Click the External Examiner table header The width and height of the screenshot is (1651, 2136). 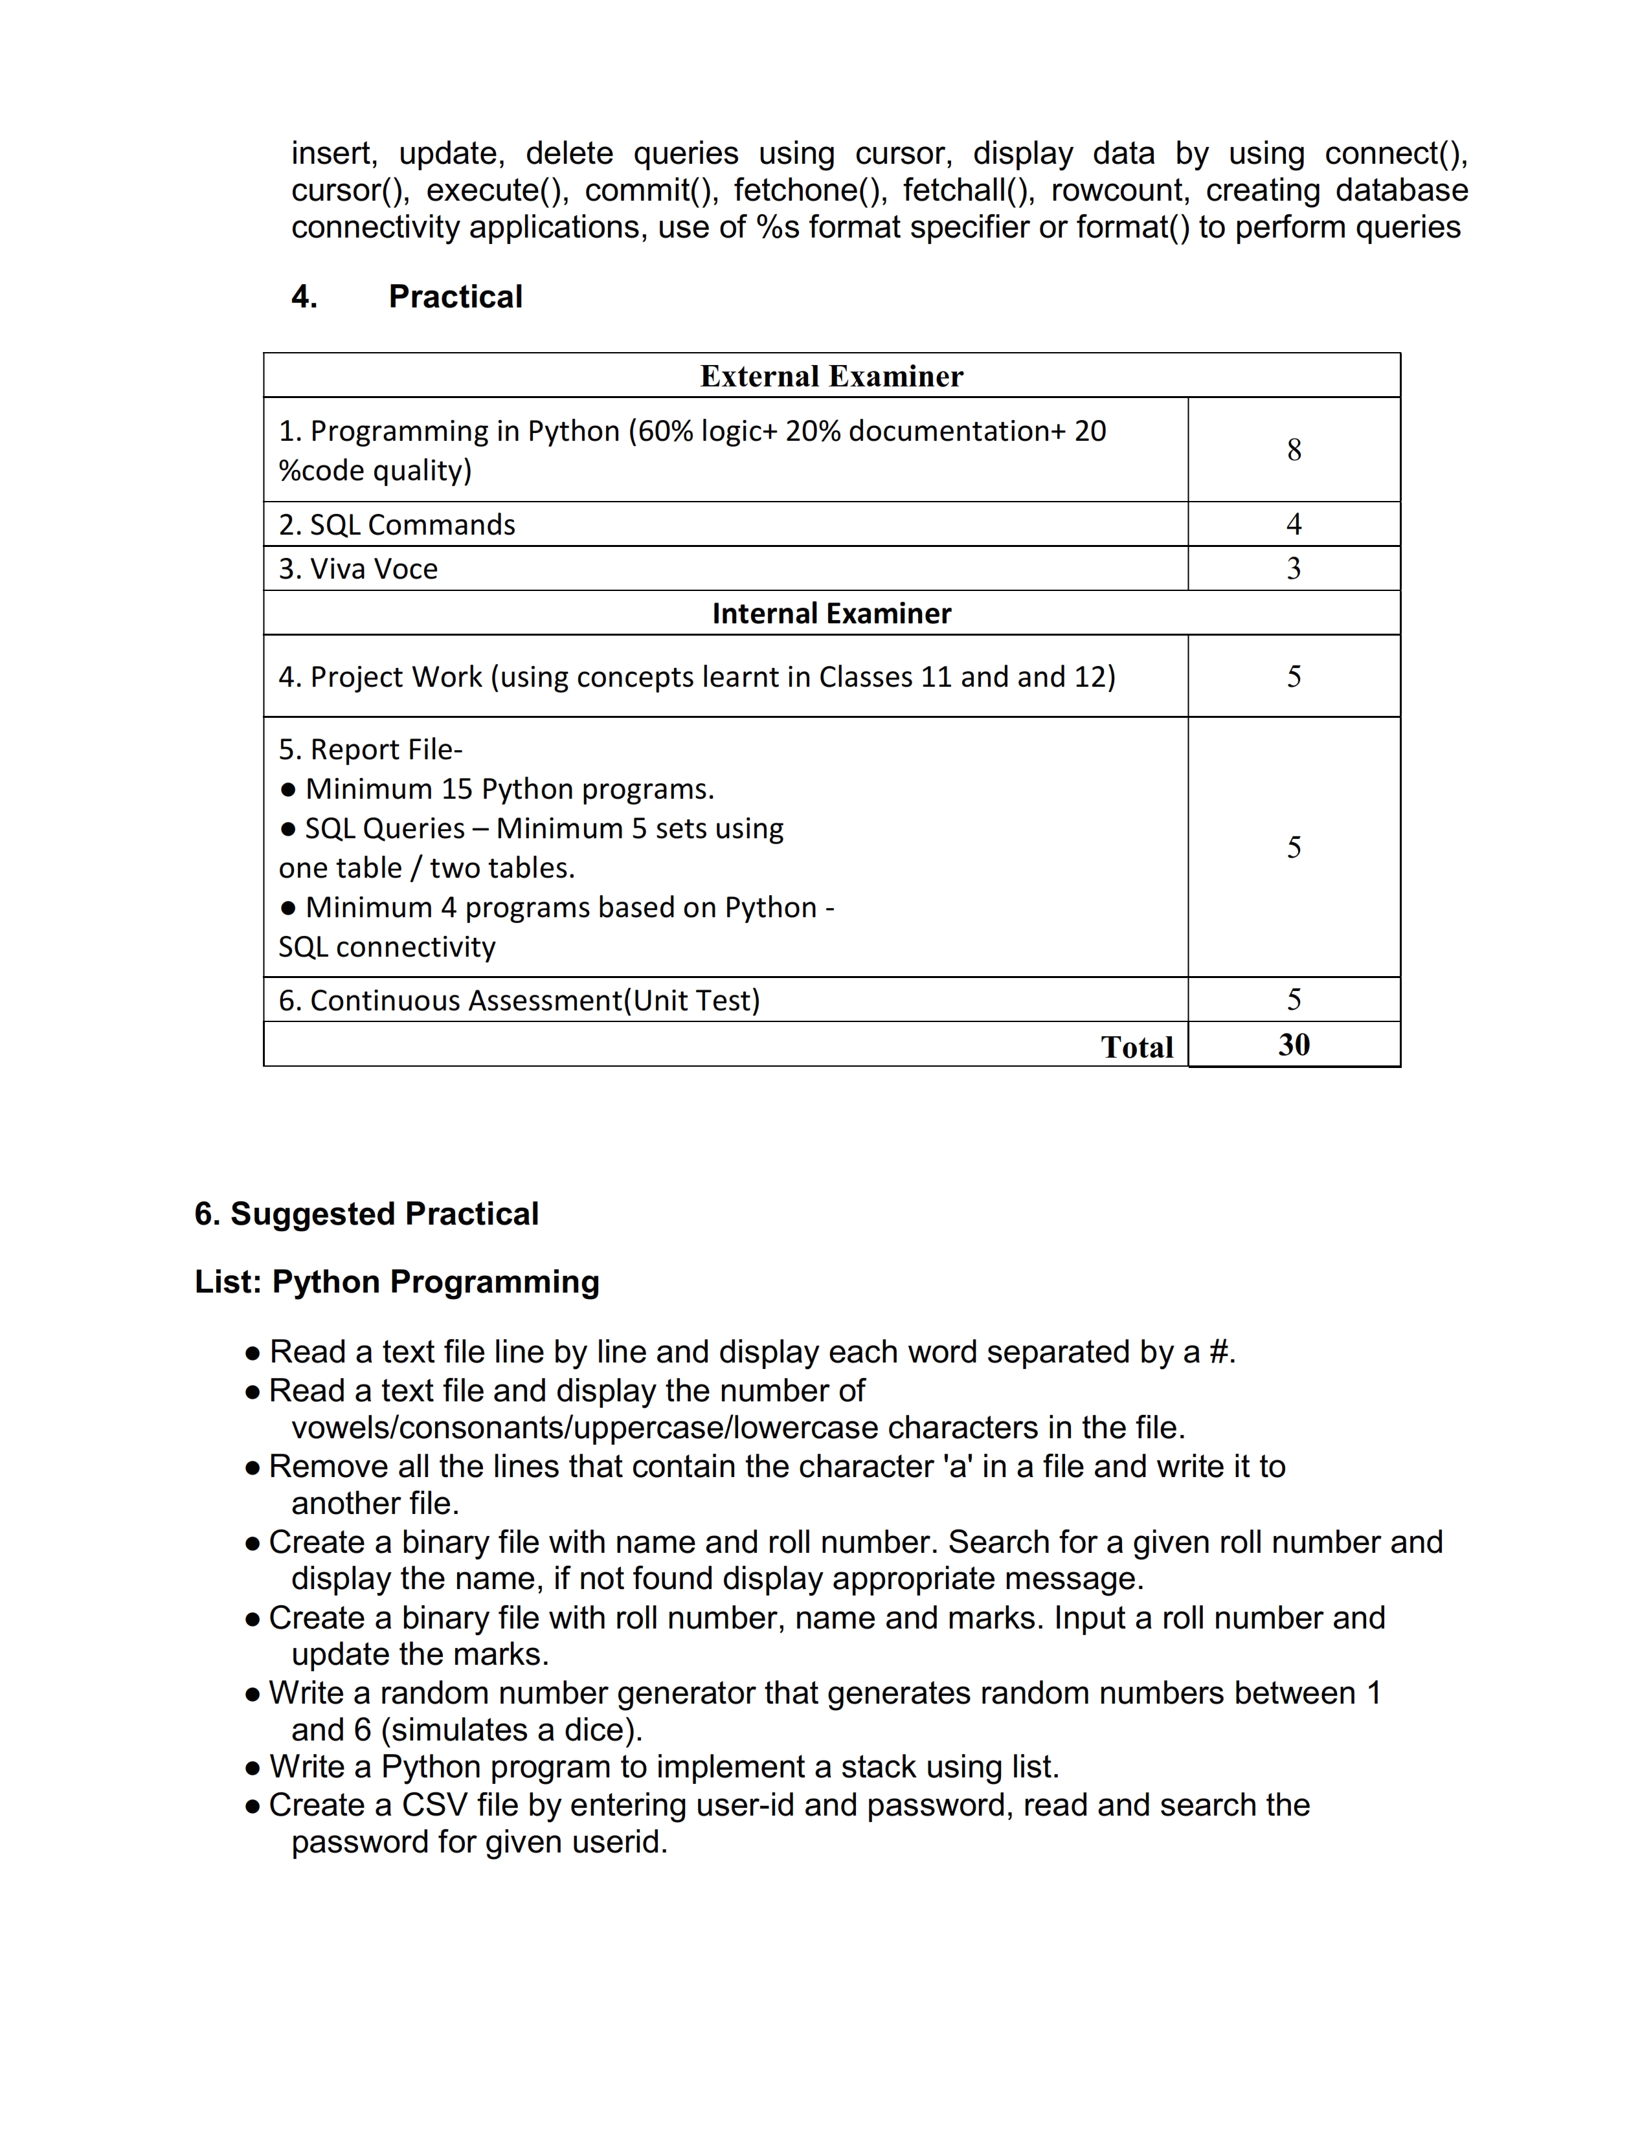pyautogui.click(x=831, y=377)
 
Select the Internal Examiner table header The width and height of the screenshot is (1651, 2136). pyautogui.click(x=831, y=613)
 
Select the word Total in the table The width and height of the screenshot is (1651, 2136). pyautogui.click(x=1136, y=1047)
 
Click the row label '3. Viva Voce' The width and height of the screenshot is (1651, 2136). pyautogui.click(x=358, y=569)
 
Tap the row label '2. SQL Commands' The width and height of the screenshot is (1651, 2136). pyautogui.click(x=396, y=525)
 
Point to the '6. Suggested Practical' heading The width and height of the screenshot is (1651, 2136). pyautogui.click(x=366, y=1214)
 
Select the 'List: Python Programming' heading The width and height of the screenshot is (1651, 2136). pyautogui.click(x=396, y=1281)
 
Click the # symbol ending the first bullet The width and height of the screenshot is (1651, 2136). pyautogui.click(x=1219, y=1352)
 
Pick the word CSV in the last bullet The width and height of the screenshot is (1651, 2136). pyautogui.click(x=434, y=1805)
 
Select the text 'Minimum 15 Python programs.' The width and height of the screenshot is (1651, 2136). pyautogui.click(x=510, y=789)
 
